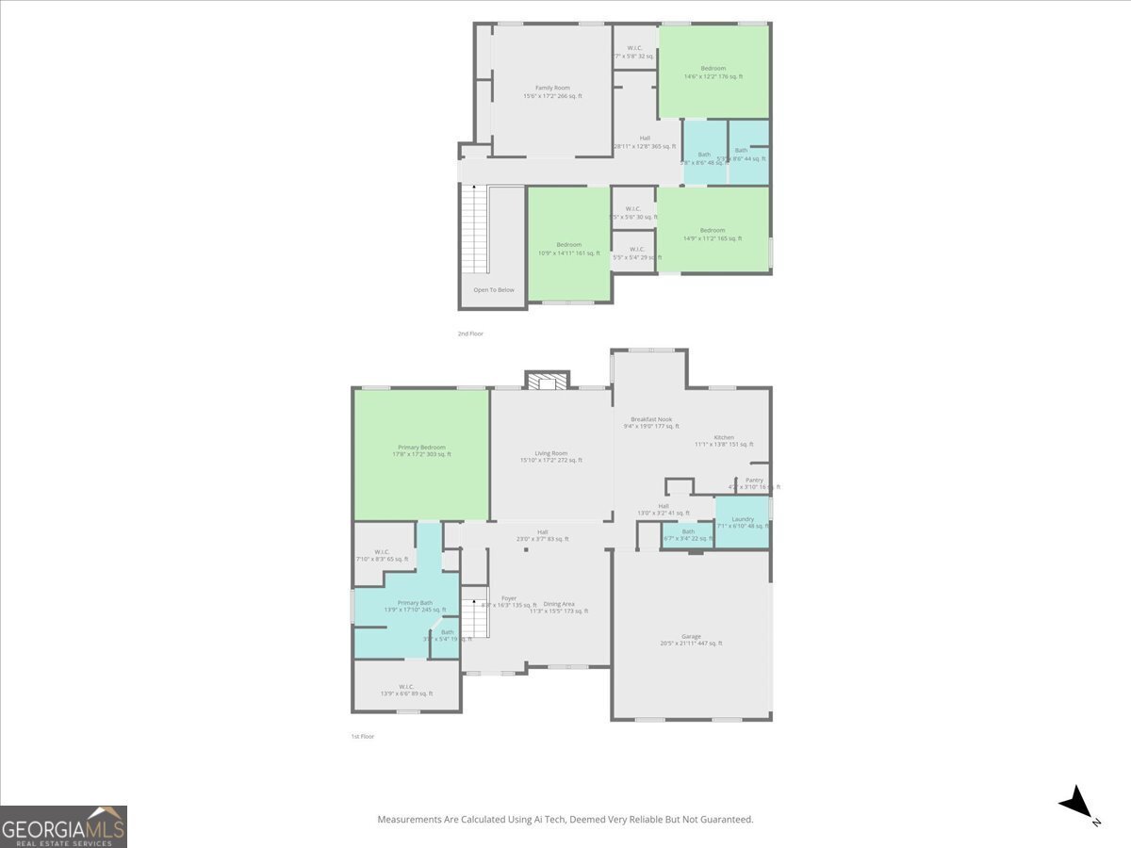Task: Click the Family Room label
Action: coord(552,88)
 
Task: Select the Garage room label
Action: coord(691,637)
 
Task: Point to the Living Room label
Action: coord(551,453)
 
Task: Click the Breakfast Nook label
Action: coord(651,419)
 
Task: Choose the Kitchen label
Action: coord(724,437)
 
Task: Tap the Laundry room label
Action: coord(742,519)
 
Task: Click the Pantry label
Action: coord(754,480)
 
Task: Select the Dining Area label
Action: coord(559,604)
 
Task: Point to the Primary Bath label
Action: coord(415,603)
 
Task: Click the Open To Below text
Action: coord(494,289)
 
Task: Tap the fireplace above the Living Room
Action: coord(548,380)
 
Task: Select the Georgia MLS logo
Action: coord(63,826)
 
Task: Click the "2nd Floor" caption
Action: coord(470,334)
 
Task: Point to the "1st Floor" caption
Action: coord(362,736)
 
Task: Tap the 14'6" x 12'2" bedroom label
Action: coord(713,69)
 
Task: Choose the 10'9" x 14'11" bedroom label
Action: coord(568,245)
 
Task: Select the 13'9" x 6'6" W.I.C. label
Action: coord(406,687)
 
